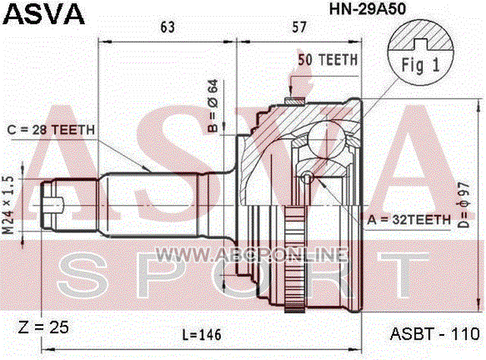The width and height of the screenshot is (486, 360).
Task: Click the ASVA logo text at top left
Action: click(44, 14)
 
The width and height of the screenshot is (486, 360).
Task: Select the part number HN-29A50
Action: click(368, 8)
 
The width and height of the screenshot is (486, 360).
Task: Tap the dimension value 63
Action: click(167, 27)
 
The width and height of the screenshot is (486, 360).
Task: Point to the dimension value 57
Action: click(298, 27)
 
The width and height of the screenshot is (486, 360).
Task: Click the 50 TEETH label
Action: click(327, 60)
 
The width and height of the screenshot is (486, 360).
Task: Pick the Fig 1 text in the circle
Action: click(421, 65)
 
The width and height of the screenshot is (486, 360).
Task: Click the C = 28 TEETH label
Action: click(51, 130)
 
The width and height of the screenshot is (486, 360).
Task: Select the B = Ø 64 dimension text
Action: click(213, 106)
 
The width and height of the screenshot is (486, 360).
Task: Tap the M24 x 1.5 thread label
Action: click(8, 205)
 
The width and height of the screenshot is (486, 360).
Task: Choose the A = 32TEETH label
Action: click(409, 219)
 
